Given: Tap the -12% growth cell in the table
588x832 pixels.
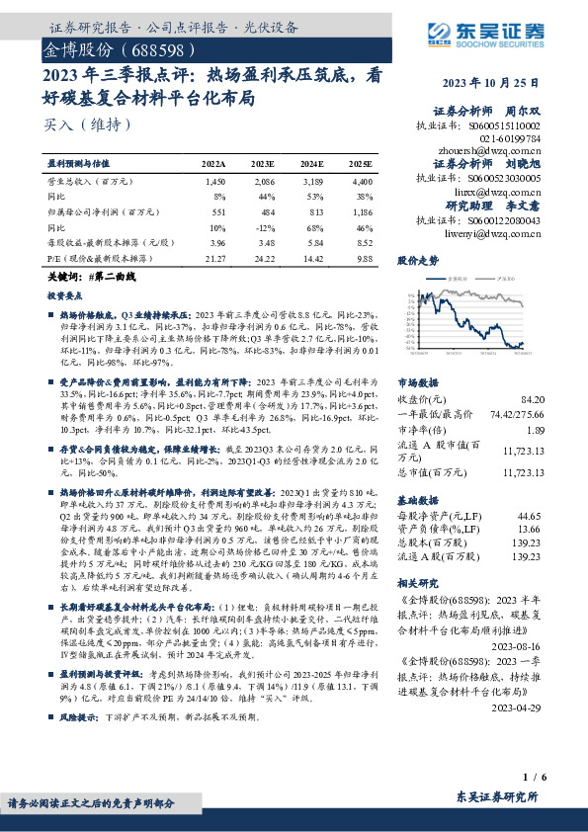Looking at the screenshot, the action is (x=264, y=226).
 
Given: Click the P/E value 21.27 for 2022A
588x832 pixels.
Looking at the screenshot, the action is (x=213, y=258).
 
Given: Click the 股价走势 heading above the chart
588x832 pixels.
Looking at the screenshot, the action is (x=417, y=262).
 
